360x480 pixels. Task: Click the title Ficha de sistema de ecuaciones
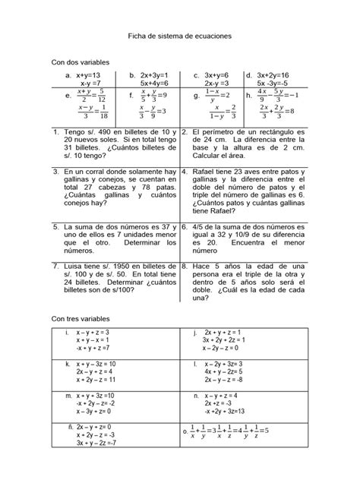click(x=180, y=36)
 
